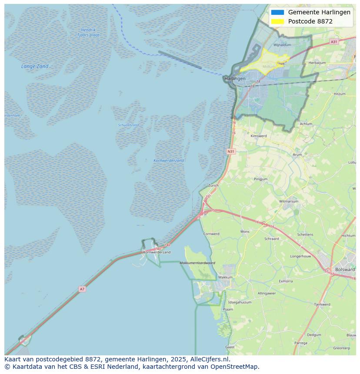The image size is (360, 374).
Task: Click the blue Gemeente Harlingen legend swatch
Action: click(277, 13)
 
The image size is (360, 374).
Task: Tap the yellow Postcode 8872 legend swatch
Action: click(277, 21)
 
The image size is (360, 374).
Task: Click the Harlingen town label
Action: click(235, 79)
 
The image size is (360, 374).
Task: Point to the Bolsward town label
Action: click(345, 269)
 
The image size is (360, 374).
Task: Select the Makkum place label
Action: click(225, 277)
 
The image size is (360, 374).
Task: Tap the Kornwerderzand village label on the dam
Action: click(157, 252)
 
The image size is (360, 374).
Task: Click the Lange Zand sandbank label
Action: click(35, 66)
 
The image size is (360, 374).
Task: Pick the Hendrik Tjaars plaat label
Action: click(88, 33)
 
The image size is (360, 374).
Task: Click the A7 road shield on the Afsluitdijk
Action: click(82, 289)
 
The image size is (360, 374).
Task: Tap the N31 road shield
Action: click(231, 152)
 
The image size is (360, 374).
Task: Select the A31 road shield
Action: click(333, 42)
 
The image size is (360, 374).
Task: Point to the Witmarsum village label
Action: click(289, 202)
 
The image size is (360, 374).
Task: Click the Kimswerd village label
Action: click(259, 136)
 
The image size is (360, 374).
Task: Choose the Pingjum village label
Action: click(261, 179)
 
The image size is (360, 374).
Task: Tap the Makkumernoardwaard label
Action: click(197, 263)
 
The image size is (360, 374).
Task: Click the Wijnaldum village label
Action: click(282, 45)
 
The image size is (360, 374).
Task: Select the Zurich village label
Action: click(213, 185)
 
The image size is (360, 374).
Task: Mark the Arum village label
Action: click(297, 155)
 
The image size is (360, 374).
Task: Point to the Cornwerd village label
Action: click(212, 234)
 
